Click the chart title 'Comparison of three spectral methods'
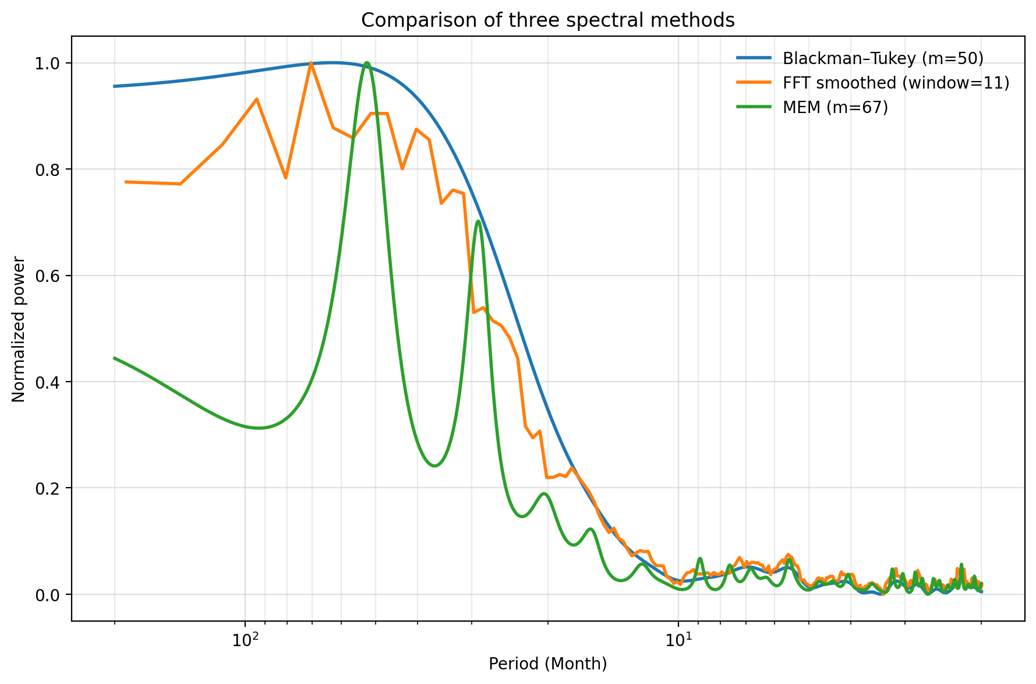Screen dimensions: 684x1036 pos(547,20)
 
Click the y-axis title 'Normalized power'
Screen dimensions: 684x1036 pos(19,329)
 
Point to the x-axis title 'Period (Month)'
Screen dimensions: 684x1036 pos(547,664)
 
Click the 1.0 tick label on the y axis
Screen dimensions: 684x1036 pos(50,63)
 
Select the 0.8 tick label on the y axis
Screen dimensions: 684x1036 pos(50,170)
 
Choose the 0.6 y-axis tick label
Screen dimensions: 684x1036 pos(50,276)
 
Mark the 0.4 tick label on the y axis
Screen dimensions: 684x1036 pos(50,382)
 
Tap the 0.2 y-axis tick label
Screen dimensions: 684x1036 pos(50,488)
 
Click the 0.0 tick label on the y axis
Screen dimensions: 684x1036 pos(50,595)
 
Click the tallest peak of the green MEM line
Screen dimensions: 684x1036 pos(367,62)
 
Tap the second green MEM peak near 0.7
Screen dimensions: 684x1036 pos(478,221)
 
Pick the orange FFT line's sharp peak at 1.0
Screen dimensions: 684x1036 pos(311,62)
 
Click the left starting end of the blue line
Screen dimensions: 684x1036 pos(115,86)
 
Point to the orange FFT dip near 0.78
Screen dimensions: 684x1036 pos(285,178)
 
